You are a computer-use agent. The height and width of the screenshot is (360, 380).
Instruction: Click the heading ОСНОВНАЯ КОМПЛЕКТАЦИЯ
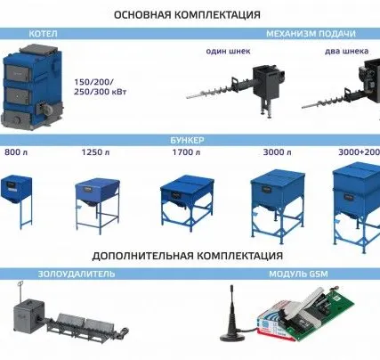click(188, 15)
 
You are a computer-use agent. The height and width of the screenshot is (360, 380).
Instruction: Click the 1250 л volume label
click(93, 153)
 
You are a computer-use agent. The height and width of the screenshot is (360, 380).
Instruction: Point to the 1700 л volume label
click(184, 153)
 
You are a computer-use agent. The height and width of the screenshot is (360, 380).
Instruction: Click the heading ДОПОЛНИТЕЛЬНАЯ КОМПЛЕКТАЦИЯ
click(188, 255)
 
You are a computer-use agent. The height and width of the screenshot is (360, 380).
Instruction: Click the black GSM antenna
click(236, 316)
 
